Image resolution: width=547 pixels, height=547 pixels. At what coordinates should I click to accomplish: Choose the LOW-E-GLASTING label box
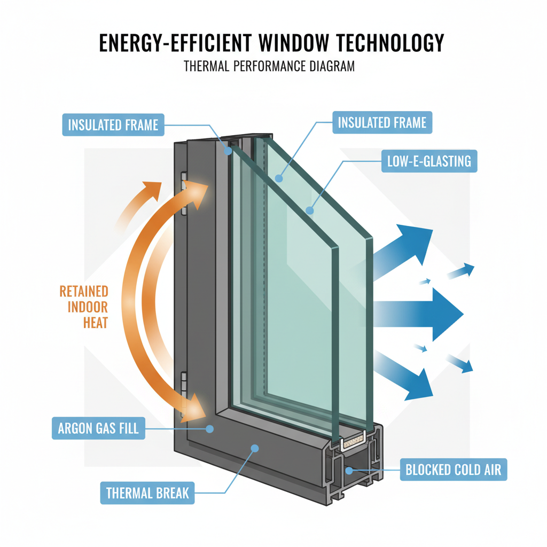click(x=429, y=161)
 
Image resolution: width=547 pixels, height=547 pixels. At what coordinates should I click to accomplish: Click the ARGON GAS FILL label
click(x=98, y=428)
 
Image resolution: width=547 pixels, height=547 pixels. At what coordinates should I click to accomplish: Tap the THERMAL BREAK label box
click(x=147, y=493)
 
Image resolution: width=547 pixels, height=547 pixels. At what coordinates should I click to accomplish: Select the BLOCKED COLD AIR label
click(x=453, y=470)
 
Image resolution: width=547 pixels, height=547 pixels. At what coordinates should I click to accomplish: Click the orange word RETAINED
click(x=84, y=292)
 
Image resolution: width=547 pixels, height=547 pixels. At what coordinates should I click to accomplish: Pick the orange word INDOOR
click(x=89, y=307)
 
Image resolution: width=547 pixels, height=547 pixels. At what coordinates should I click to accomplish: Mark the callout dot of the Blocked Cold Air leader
click(x=350, y=470)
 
